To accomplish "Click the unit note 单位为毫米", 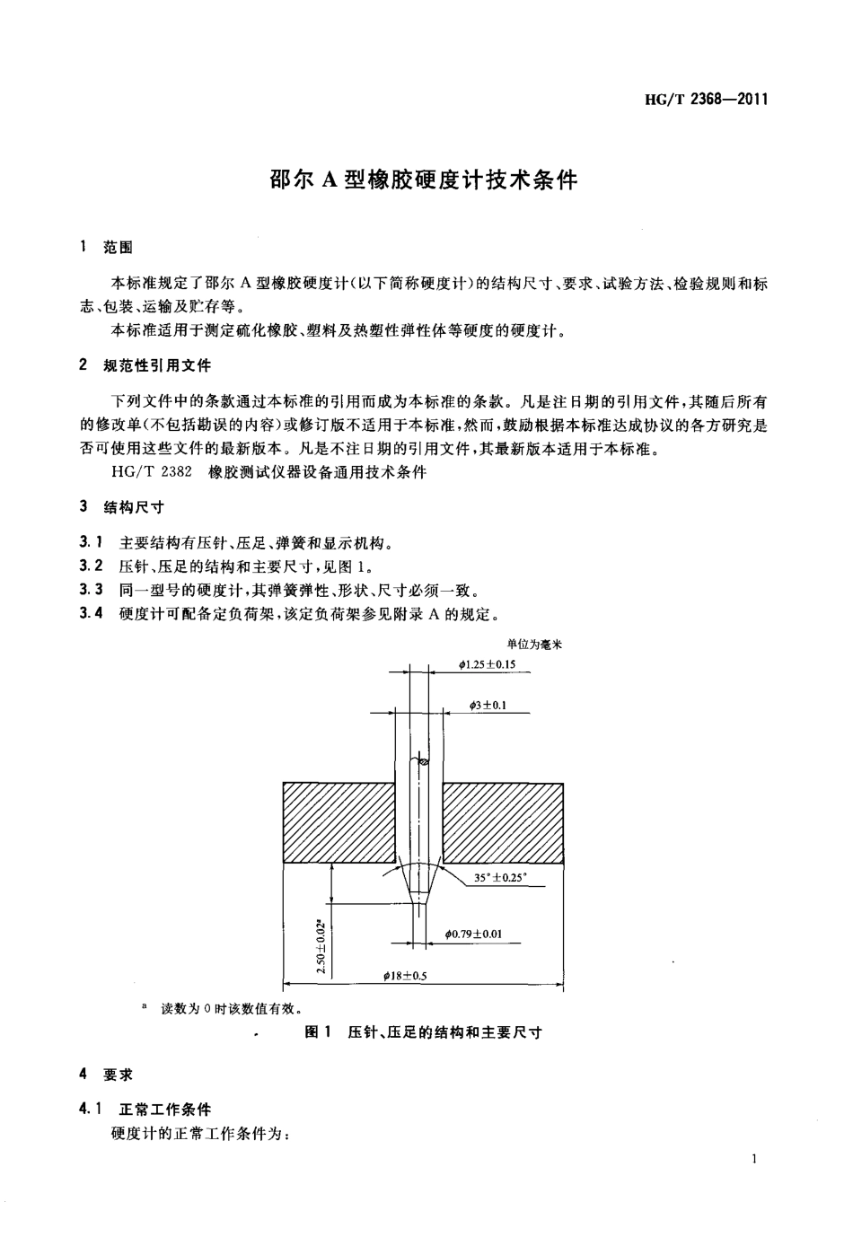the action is (533, 644).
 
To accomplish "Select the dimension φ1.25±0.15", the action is (487, 665).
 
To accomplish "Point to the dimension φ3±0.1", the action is (488, 706).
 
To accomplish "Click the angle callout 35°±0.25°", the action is (500, 878).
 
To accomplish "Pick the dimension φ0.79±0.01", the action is (473, 934).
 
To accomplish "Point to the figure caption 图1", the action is (319, 1032).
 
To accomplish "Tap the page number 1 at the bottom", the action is (755, 1159).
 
